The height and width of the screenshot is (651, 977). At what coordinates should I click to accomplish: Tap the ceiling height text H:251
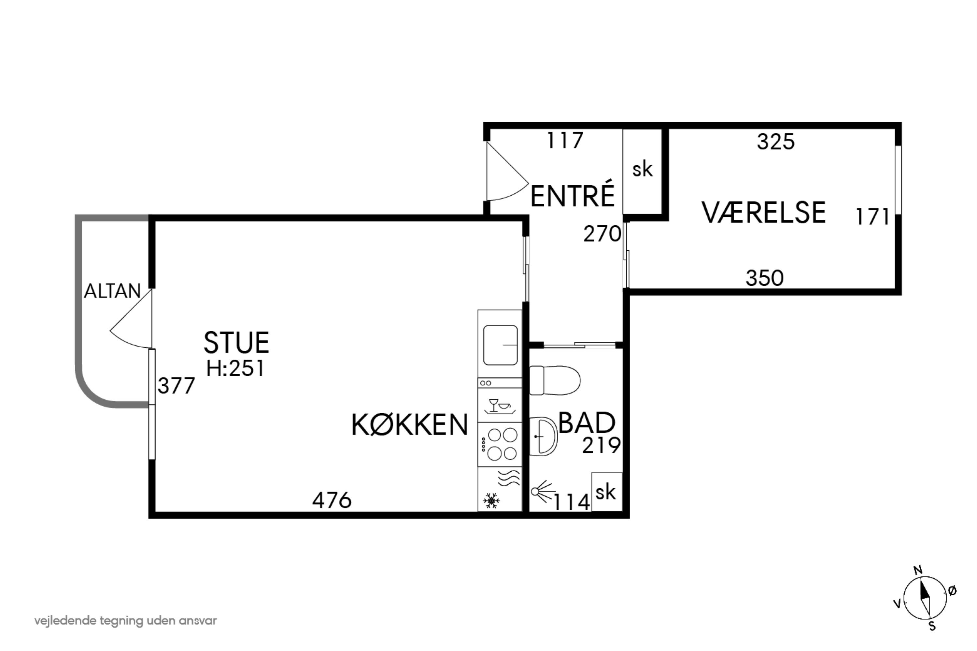(x=235, y=368)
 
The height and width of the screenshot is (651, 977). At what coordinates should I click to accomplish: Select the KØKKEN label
(x=410, y=425)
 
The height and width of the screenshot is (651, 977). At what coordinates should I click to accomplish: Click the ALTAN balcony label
(x=113, y=291)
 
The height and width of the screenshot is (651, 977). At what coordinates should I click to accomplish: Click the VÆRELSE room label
(x=763, y=213)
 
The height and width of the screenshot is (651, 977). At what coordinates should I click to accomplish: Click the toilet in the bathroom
(x=555, y=380)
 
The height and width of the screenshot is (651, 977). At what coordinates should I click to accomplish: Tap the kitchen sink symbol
(x=500, y=345)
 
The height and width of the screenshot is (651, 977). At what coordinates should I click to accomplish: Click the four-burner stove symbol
(x=502, y=445)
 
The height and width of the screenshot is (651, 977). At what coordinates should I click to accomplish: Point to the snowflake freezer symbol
(x=491, y=501)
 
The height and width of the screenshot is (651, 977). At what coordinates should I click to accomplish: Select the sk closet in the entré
(x=642, y=170)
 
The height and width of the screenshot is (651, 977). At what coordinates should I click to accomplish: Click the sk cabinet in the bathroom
(x=606, y=492)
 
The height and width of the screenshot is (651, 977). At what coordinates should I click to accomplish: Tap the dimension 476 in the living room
(x=332, y=500)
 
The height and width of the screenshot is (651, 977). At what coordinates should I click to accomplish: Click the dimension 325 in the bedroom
(x=775, y=142)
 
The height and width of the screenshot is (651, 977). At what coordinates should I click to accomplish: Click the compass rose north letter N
(x=918, y=570)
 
